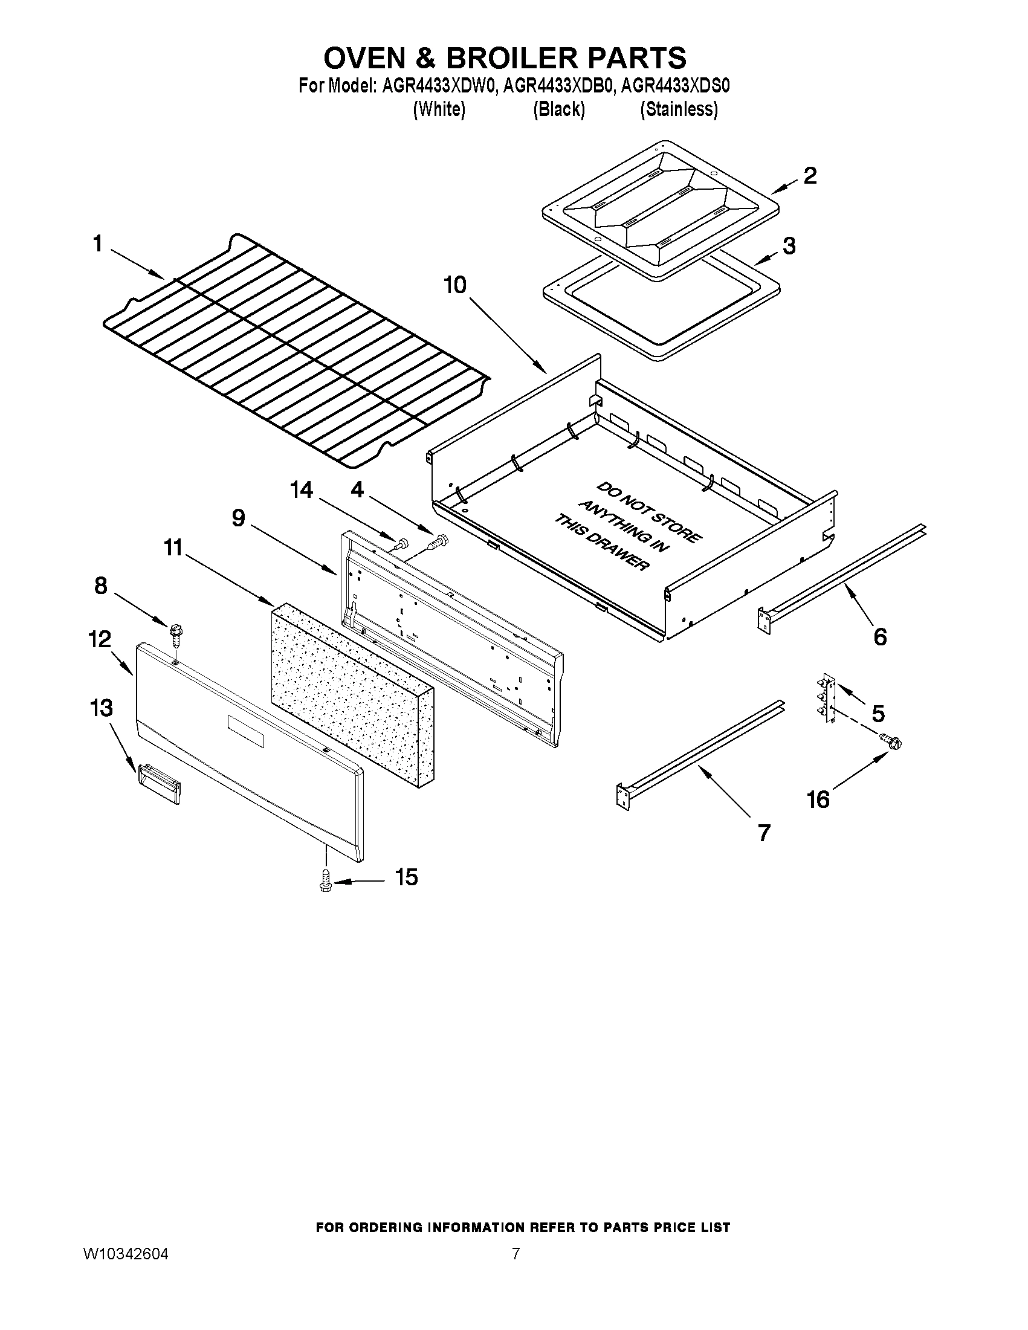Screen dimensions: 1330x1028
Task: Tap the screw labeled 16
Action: pos(890,741)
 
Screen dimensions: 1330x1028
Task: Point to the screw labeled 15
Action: pos(326,882)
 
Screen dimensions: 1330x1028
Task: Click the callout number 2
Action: pos(809,176)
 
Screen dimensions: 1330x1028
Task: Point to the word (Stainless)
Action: pos(679,109)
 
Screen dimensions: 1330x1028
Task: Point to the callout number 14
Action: pos(302,489)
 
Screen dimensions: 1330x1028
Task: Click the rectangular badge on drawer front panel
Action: pos(246,731)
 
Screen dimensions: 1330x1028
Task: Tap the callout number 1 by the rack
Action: pos(97,245)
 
